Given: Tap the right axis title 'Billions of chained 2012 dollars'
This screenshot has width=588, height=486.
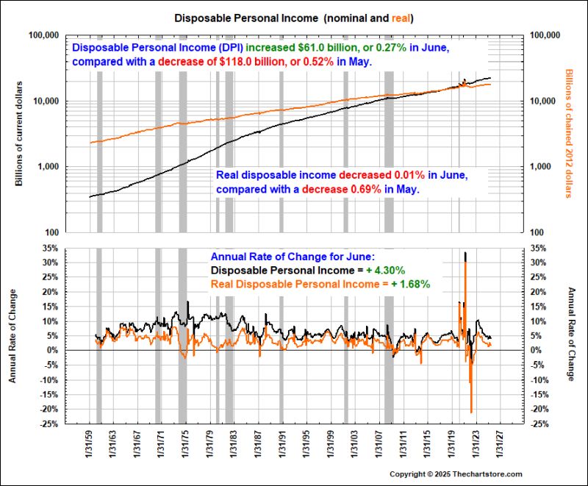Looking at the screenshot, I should [568, 133].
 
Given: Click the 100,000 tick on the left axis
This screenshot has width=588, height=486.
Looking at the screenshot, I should [43, 35].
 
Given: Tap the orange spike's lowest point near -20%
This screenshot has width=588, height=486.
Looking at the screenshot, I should [471, 412].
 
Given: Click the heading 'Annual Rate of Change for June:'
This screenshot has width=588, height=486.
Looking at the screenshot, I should [293, 257].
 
